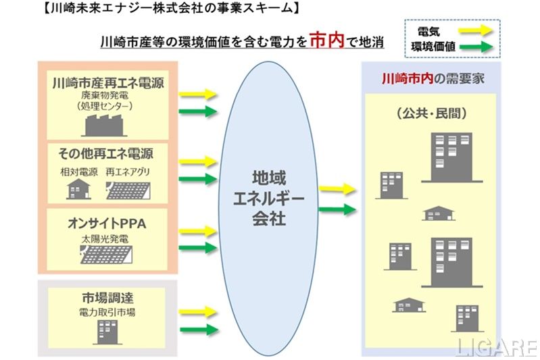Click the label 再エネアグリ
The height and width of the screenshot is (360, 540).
(x=128, y=172)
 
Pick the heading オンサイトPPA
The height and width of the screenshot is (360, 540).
(x=108, y=223)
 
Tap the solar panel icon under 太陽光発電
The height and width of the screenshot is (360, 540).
(x=108, y=255)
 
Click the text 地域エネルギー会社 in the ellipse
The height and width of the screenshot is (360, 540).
(x=268, y=199)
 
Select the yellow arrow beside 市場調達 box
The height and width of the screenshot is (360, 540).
(x=199, y=312)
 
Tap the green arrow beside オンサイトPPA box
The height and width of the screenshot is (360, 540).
(x=199, y=247)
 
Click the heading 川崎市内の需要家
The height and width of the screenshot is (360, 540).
(x=433, y=78)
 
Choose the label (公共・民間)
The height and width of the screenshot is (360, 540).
(x=433, y=113)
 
